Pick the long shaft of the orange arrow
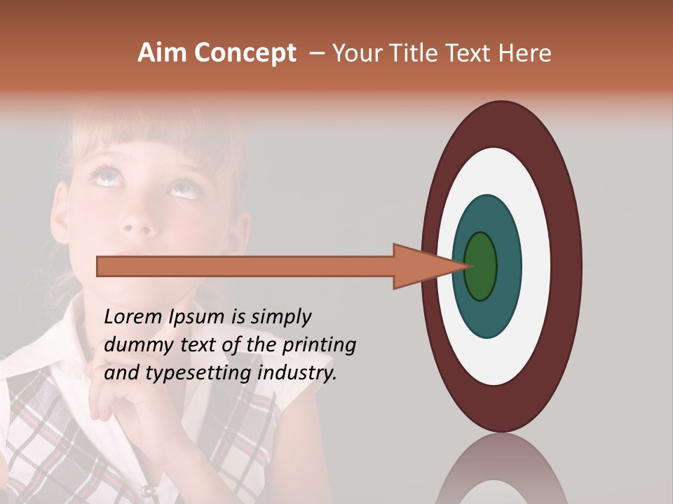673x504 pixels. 245,266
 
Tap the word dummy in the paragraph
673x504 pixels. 133,345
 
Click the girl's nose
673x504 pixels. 138,225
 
